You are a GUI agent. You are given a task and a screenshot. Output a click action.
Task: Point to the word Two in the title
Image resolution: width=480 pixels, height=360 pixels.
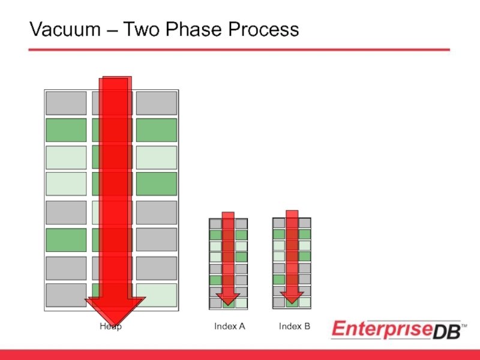pyautogui.click(x=145, y=29)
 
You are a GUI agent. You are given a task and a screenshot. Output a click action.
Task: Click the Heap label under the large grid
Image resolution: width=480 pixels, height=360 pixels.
pyautogui.click(x=110, y=326)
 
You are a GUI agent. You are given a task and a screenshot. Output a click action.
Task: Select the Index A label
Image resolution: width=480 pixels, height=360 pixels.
pyautogui.click(x=230, y=326)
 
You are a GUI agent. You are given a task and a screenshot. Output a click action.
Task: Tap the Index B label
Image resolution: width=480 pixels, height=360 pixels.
pyautogui.click(x=294, y=326)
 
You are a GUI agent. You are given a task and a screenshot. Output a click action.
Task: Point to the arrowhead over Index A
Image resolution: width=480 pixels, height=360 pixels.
pyautogui.click(x=228, y=298)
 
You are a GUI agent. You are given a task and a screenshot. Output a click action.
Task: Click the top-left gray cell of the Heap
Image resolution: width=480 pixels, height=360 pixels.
pyautogui.click(x=66, y=103)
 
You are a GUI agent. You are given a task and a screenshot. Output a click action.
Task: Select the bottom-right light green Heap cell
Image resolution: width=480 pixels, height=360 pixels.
pyautogui.click(x=156, y=295)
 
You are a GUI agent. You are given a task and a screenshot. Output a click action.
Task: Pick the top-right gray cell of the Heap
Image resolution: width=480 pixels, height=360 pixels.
pyautogui.click(x=156, y=103)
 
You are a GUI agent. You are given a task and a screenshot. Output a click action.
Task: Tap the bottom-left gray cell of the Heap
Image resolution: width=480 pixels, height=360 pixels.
pyautogui.click(x=66, y=295)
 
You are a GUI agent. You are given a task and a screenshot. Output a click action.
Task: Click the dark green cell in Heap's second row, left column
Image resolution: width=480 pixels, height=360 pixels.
pyautogui.click(x=66, y=130)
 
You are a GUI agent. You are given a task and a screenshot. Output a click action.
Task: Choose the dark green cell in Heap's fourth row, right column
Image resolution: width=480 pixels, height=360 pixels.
pyautogui.click(x=156, y=184)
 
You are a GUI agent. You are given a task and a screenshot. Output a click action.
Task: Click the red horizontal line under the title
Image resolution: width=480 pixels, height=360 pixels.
pyautogui.click(x=240, y=50)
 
